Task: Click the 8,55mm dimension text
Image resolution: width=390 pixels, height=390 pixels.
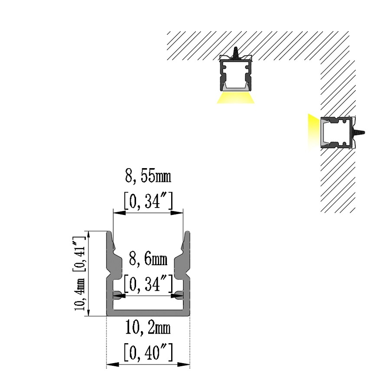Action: pyautogui.click(x=148, y=177)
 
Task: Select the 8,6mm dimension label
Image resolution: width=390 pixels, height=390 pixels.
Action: pyautogui.click(x=148, y=260)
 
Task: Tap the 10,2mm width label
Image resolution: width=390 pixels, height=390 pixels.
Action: pyautogui.click(x=148, y=328)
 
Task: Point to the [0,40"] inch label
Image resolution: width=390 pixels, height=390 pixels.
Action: pyautogui.click(x=148, y=352)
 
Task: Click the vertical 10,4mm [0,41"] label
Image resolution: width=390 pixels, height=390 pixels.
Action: pyautogui.click(x=80, y=273)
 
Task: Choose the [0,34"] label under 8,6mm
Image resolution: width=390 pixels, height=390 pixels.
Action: pyautogui.click(x=148, y=284)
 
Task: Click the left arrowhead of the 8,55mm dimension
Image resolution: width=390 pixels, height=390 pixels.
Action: pyautogui.click(x=119, y=213)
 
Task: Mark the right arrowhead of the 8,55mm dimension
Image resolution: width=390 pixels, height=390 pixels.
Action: pyautogui.click(x=177, y=213)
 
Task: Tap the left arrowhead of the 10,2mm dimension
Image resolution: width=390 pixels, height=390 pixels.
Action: pyautogui.click(x=112, y=364)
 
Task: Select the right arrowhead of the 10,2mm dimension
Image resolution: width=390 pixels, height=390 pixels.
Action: pyautogui.click(x=184, y=364)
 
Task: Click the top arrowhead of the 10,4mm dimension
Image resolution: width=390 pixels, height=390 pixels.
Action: pyautogui.click(x=89, y=237)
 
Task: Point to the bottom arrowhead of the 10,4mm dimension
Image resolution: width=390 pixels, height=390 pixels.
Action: pyautogui.click(x=89, y=310)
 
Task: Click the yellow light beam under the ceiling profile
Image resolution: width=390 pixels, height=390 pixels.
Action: pyautogui.click(x=236, y=98)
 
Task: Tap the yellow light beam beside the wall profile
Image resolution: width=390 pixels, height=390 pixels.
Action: pyautogui.click(x=314, y=132)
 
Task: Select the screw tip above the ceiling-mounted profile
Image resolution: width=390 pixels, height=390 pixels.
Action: pyautogui.click(x=235, y=48)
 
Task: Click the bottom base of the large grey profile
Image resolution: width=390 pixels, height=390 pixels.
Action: pyautogui.click(x=148, y=313)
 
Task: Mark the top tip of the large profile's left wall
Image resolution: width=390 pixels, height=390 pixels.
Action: pyautogui.click(x=109, y=231)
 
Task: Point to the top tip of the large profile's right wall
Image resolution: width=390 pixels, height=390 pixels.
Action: pyautogui.click(x=188, y=231)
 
